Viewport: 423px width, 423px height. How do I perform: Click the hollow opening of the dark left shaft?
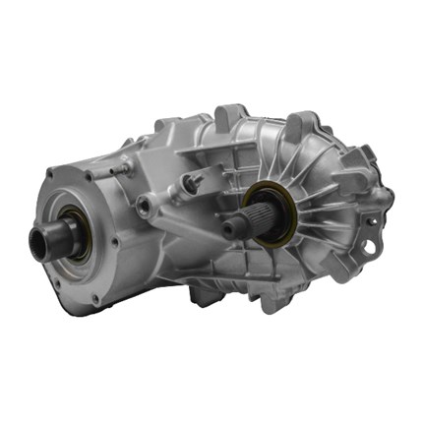pyautogui.click(x=39, y=245)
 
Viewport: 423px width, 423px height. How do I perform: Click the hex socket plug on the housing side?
pyautogui.click(x=147, y=206)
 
